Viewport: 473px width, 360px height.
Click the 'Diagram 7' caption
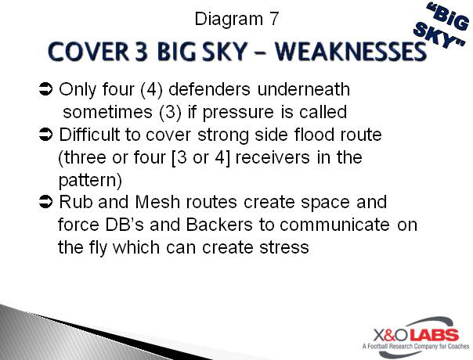(236, 16)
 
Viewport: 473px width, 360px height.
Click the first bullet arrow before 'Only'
(45, 90)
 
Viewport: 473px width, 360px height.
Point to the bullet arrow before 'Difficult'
(45, 135)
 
